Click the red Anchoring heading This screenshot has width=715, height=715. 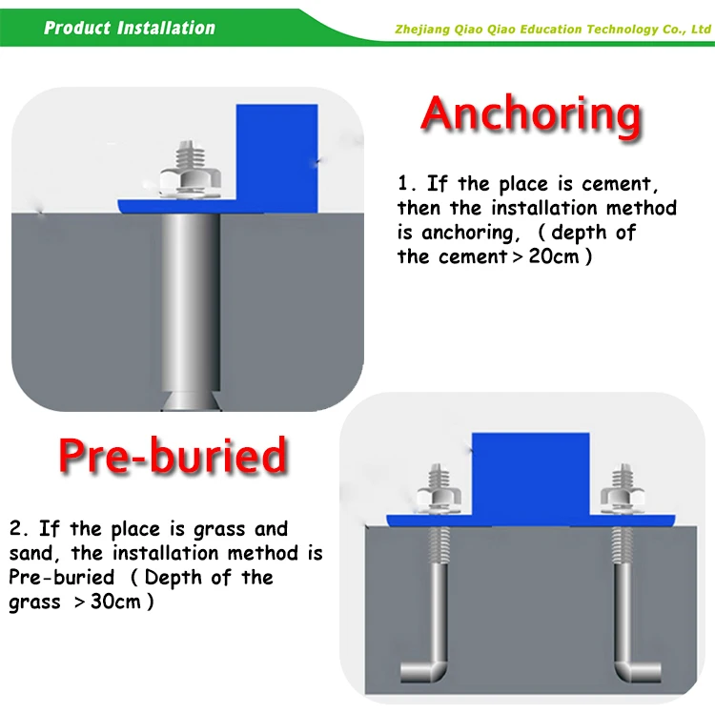pos(531,116)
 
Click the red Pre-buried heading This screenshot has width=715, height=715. pos(173,455)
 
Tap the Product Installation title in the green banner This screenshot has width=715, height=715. pos(130,28)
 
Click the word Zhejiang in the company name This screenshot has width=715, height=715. pos(421,30)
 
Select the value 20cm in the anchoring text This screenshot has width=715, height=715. pos(554,256)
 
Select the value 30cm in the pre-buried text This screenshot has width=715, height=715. pos(115,602)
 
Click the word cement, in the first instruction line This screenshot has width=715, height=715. pos(621,184)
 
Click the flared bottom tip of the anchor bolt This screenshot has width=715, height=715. pos(191,401)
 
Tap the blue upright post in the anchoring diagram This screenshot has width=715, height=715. pos(276,157)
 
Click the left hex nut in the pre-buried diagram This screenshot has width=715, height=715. pos(439,495)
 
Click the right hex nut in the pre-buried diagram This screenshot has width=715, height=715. pos(623,495)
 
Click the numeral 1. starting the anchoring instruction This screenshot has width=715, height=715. pos(407,183)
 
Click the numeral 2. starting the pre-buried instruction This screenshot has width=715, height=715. pos(19,528)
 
